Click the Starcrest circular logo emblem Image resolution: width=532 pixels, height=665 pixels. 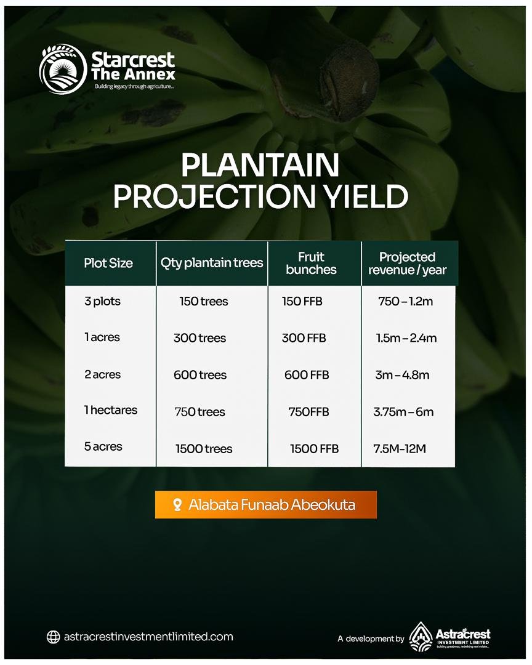coord(63,69)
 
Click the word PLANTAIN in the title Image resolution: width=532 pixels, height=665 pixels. coord(260,165)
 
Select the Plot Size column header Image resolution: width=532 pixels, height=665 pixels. coord(108,263)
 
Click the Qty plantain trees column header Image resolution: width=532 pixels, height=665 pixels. coord(212,263)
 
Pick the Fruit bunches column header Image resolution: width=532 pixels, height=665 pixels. coord(311,263)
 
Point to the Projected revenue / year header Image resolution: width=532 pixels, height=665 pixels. coord(407,263)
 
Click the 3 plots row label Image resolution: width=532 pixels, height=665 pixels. coord(102,301)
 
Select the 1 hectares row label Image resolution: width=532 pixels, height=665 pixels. coord(111,410)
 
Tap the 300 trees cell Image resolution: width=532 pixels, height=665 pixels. coord(200,338)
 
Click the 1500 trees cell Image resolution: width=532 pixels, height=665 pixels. coord(204,449)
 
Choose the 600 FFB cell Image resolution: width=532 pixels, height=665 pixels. coord(307,375)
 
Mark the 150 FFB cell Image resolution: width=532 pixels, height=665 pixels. coord(302,301)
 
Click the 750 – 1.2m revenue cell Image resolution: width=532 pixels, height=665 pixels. coord(406,301)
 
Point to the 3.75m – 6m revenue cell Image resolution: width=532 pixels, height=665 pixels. coord(403,412)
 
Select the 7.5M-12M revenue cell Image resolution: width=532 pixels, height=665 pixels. coord(400,449)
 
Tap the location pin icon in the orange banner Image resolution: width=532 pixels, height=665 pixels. coord(178,505)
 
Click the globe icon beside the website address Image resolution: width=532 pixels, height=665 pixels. coord(53,637)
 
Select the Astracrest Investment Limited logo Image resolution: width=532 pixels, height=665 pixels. coord(449,637)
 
